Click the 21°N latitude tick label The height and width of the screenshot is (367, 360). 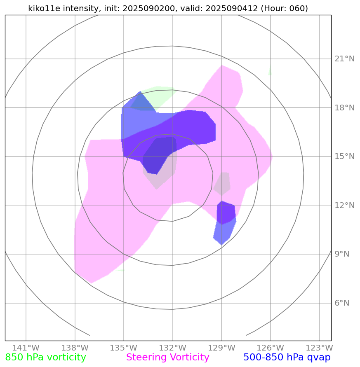pos(344,59)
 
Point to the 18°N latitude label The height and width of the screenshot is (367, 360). pos(344,108)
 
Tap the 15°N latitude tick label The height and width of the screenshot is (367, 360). pos(344,157)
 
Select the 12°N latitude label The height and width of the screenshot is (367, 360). pos(344,206)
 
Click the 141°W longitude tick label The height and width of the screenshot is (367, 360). pos(26,347)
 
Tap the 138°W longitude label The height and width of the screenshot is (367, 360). pos(75,347)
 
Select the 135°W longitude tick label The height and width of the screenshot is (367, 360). pos(123,347)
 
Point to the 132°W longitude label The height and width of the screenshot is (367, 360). pos(172,347)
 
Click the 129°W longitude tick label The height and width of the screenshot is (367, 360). pos(221,347)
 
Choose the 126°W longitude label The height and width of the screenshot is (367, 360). pos(271,347)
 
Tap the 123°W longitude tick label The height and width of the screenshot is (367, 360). pos(320,347)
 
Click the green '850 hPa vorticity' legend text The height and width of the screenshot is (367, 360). pos(45,358)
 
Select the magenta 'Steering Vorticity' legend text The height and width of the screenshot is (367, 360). pos(167,358)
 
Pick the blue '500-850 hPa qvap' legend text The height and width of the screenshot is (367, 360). pos(287,358)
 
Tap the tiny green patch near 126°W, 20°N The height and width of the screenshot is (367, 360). pos(270,72)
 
